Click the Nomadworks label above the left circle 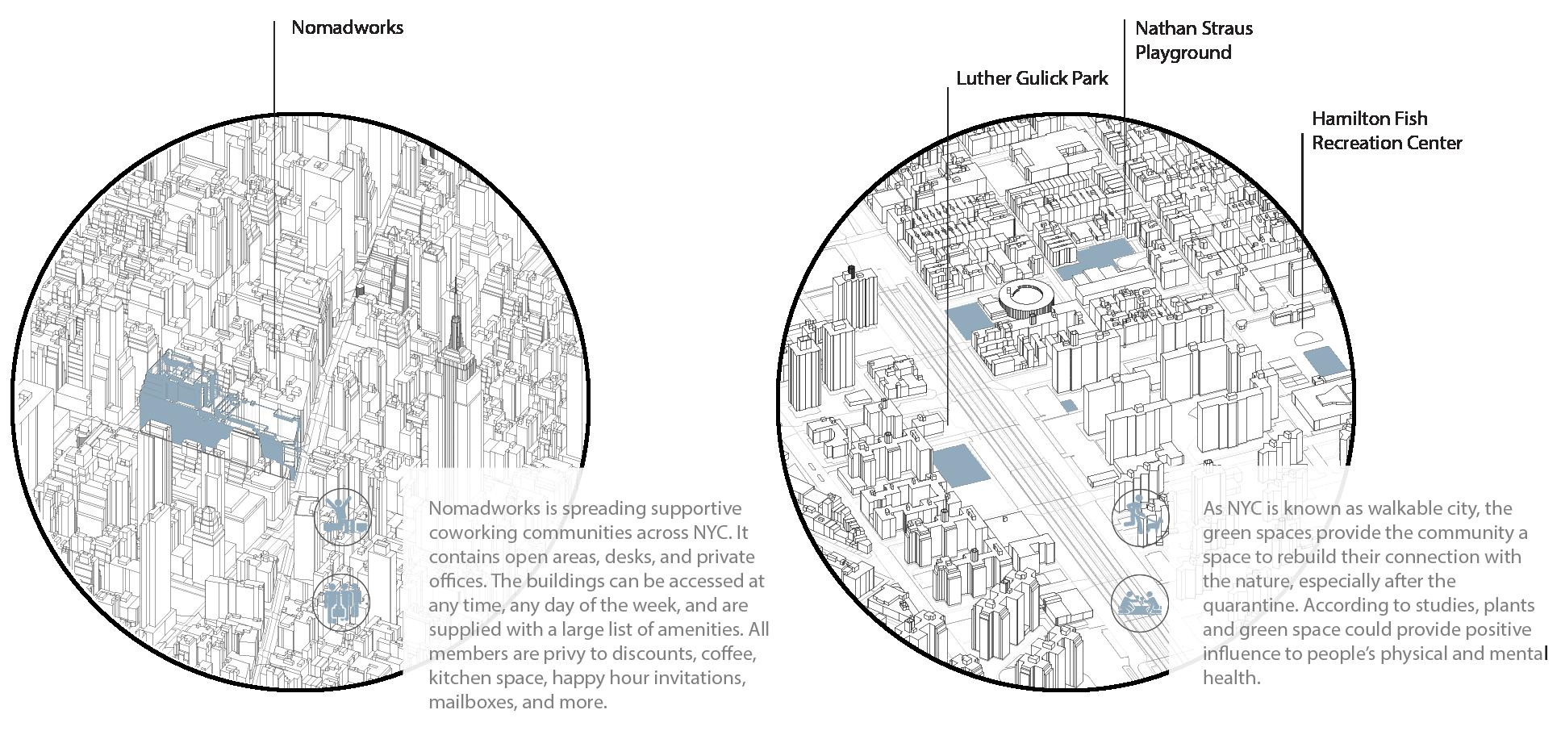click(347, 27)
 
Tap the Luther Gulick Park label click(1032, 78)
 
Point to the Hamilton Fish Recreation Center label click(1386, 131)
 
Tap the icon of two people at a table click(1139, 603)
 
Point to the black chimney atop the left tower click(849, 270)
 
